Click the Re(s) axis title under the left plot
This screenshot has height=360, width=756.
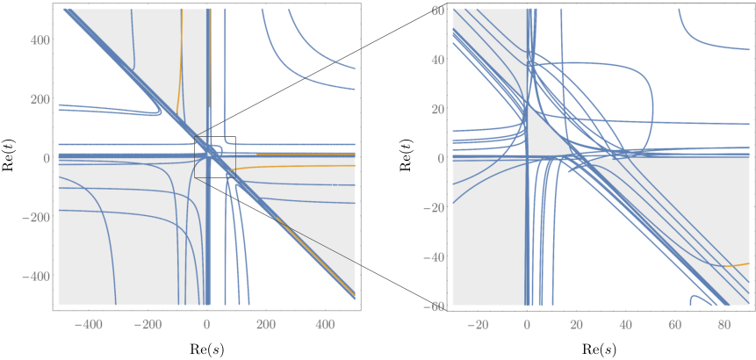(206, 348)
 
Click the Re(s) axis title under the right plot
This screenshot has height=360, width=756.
(599, 348)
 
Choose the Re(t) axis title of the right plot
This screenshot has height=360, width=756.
(404, 157)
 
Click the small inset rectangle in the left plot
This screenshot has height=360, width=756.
(194, 157)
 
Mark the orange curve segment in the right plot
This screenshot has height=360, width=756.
(736, 265)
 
